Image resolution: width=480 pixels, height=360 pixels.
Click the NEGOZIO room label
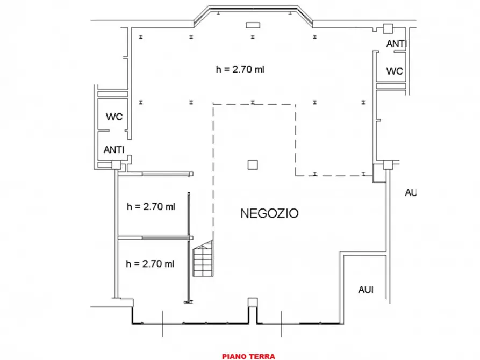pyautogui.click(x=269, y=213)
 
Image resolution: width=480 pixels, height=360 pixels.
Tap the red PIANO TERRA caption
pyautogui.click(x=248, y=356)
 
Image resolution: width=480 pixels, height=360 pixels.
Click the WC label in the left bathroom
pyautogui.click(x=114, y=116)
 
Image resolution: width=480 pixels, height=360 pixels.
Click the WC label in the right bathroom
pyautogui.click(x=395, y=71)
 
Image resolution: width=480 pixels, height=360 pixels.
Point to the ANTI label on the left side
pyautogui.click(x=114, y=150)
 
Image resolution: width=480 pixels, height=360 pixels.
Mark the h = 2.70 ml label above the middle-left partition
pyautogui.click(x=151, y=206)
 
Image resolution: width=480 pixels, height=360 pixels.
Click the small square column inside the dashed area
pyautogui.click(x=253, y=165)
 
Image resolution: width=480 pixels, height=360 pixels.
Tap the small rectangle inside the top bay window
pyautogui.click(x=252, y=25)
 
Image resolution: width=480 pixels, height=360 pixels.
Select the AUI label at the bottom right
pyautogui.click(x=366, y=290)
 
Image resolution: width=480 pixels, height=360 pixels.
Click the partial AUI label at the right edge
pyautogui.click(x=411, y=192)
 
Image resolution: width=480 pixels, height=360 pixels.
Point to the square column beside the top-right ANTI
pyautogui.click(x=388, y=28)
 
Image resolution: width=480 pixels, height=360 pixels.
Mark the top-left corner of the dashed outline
pyautogui.click(x=214, y=104)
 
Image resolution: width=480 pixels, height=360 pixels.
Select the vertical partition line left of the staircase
pyautogui.click(x=189, y=247)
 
